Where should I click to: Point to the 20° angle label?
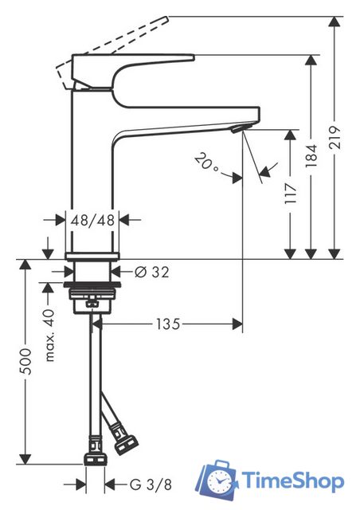point(205,163)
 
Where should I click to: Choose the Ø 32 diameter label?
point(152,273)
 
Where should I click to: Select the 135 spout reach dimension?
point(167,324)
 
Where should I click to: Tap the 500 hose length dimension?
point(25,362)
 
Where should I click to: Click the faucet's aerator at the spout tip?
point(237,127)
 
